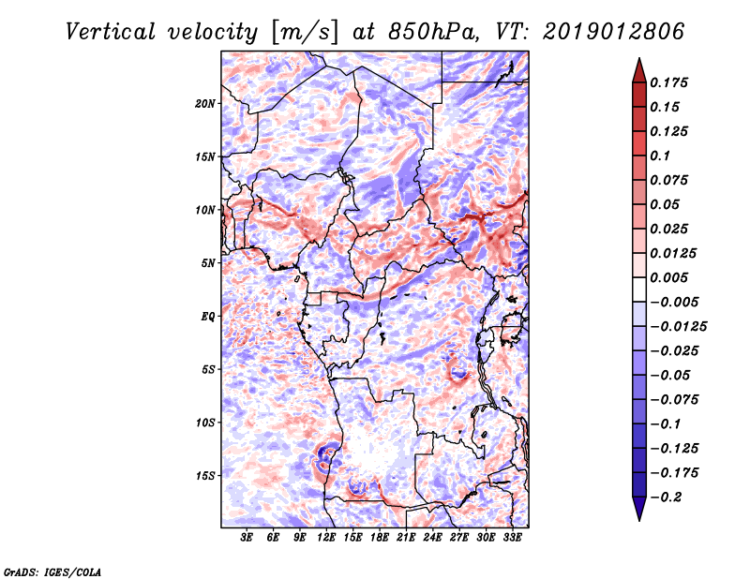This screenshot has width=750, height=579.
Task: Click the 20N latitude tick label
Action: click(205, 103)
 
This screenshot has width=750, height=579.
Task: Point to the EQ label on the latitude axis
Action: click(207, 317)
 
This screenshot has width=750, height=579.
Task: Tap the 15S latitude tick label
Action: click(205, 476)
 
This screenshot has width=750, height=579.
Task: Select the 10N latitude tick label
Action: click(205, 210)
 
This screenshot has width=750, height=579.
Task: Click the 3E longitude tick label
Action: click(247, 539)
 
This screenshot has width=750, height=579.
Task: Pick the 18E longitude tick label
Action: click(380, 539)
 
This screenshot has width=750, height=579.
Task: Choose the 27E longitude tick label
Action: click(459, 539)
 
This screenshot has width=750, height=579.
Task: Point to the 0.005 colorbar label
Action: click(672, 278)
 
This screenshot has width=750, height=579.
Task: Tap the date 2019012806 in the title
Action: click(600, 32)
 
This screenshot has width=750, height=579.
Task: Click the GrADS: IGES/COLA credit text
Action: click(52, 571)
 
